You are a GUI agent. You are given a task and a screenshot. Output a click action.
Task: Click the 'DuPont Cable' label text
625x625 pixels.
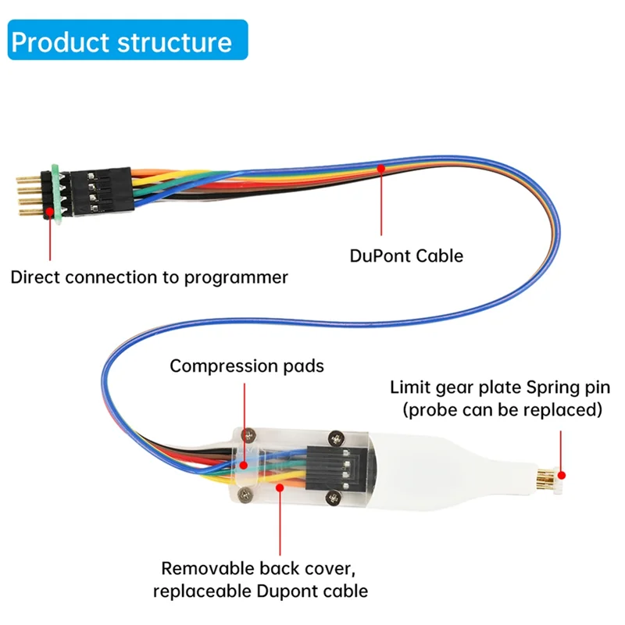[x=416, y=255]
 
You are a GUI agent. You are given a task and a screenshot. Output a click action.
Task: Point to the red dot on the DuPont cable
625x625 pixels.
[x=381, y=166]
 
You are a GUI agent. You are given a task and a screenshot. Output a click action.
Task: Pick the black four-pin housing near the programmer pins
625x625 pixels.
[x=102, y=191]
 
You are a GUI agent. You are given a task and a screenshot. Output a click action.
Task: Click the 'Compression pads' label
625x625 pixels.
[x=246, y=366]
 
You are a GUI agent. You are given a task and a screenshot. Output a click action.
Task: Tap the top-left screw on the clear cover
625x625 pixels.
[x=249, y=435]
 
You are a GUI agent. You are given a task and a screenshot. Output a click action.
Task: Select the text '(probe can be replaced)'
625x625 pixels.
[x=502, y=409]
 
